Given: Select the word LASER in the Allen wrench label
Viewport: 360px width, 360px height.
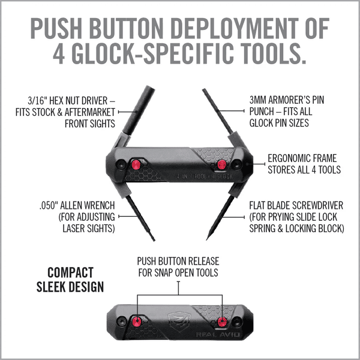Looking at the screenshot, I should point(71,228).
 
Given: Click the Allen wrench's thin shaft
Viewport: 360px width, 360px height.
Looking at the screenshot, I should point(144,222).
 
